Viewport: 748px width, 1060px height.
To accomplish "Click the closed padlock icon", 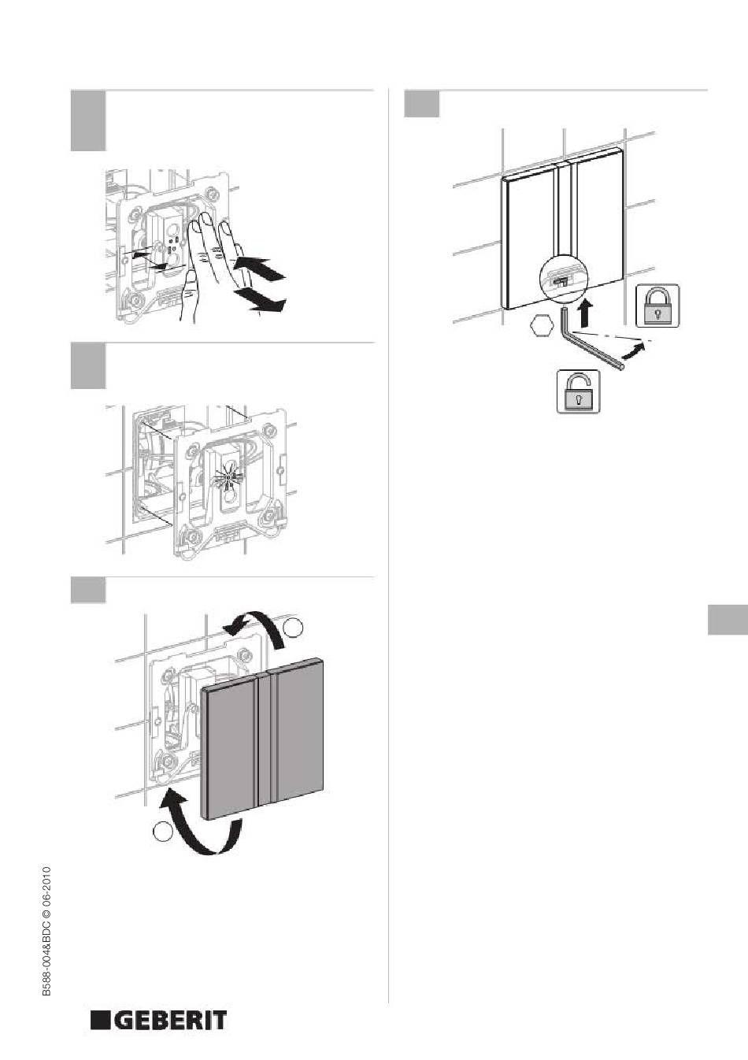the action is (657, 306).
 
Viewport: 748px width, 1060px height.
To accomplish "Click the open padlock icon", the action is (579, 391).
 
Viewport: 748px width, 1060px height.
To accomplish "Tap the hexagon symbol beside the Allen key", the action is (540, 327).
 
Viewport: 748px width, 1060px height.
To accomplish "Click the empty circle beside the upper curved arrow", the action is (294, 628).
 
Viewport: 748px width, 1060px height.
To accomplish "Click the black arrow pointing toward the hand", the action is (259, 268).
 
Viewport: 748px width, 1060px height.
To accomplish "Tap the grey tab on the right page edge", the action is (728, 620).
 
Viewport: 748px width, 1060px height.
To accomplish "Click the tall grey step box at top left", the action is (88, 121).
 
